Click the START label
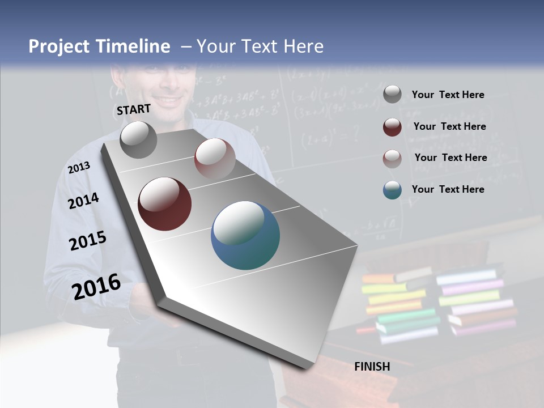(134, 109)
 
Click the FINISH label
(372, 367)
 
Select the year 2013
(79, 168)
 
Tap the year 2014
(83, 201)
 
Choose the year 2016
(96, 286)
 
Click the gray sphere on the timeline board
(138, 139)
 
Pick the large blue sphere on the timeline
(245, 235)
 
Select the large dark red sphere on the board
(164, 204)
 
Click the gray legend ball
(392, 95)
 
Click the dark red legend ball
(392, 127)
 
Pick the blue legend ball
(392, 190)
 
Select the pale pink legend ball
(392, 159)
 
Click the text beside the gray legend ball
(448, 95)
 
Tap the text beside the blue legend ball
(448, 189)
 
